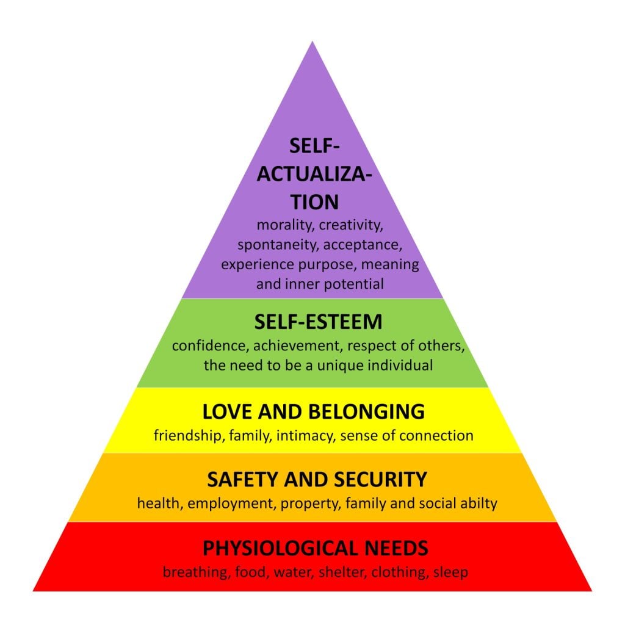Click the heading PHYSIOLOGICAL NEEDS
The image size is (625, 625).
(x=316, y=547)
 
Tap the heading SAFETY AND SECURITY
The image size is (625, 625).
(x=317, y=480)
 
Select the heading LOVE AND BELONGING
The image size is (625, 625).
(x=314, y=412)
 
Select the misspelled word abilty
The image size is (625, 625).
(x=478, y=504)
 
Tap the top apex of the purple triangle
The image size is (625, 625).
(x=312, y=43)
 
